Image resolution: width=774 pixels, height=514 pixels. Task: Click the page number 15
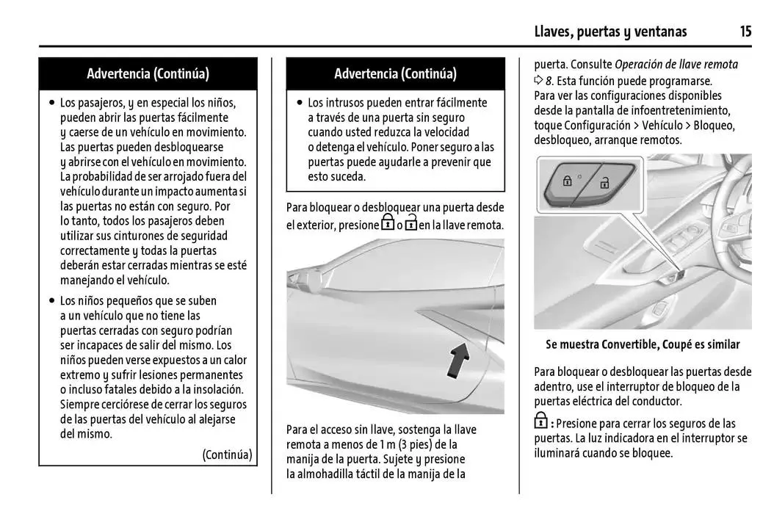(745, 31)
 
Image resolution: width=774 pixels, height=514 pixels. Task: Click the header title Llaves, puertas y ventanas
(610, 31)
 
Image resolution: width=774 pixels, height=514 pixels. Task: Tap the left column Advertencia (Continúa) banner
(148, 73)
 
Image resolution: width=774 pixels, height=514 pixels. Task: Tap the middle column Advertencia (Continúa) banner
(395, 73)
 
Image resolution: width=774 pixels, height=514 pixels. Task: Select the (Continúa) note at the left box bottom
(227, 455)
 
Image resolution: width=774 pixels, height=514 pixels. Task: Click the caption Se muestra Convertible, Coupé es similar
(643, 344)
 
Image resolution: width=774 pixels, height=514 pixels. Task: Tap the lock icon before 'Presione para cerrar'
(540, 422)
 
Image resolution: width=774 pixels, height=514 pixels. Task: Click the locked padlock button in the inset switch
(567, 180)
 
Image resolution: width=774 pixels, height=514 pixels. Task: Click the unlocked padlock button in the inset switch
(604, 183)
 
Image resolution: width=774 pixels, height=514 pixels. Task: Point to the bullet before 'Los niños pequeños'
(51, 301)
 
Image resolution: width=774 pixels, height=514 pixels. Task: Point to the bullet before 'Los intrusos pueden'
(299, 103)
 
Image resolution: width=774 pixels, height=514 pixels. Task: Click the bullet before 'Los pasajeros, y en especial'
(51, 103)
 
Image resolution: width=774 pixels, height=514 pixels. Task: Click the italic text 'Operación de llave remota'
(676, 65)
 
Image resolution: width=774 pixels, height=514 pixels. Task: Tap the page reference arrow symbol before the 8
(538, 80)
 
